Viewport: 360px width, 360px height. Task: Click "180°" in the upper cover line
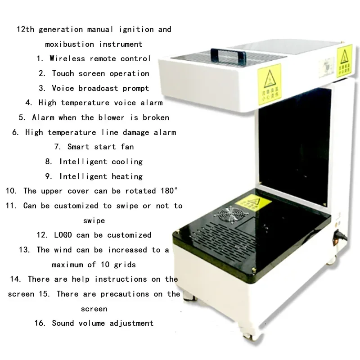[167, 191]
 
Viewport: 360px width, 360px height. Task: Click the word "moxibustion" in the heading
[69, 44]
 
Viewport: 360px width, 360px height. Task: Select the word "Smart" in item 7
[79, 147]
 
